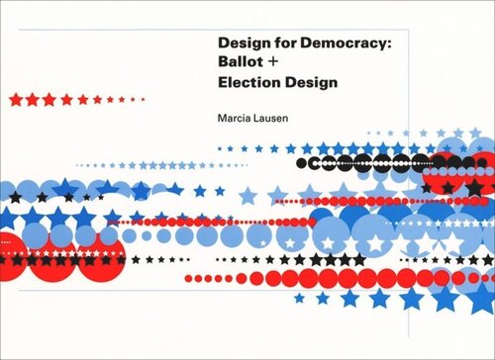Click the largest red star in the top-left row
(x=15, y=99)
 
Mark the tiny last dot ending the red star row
(x=145, y=99)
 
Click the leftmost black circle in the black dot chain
(x=303, y=161)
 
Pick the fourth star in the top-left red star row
(x=65, y=99)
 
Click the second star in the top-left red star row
(x=32, y=99)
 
